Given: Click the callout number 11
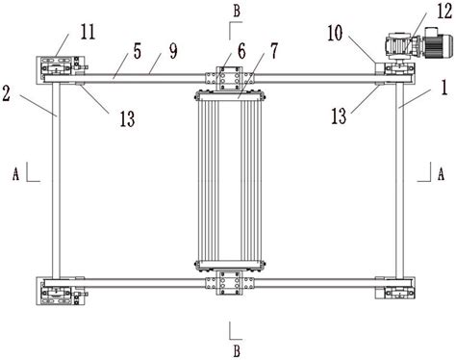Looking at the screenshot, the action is point(88,32).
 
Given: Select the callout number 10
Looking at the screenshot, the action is point(335,34).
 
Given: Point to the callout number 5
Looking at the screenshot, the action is point(138,51).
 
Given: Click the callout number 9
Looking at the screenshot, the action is point(173,51).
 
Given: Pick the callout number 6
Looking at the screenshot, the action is point(241,51).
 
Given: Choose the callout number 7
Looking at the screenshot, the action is point(273,51).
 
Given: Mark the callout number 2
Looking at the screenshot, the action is point(6,93).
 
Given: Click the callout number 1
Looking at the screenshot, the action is point(444,88).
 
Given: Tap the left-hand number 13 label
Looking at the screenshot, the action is point(127,119).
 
